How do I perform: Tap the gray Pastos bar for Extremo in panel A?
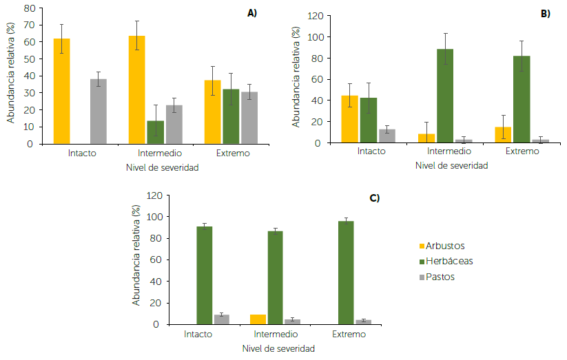[x=249, y=118]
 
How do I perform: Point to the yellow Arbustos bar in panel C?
[x=258, y=319]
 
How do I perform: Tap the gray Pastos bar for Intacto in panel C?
[x=221, y=319]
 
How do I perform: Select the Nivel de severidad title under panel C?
[x=278, y=349]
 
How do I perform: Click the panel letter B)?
[x=544, y=14]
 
